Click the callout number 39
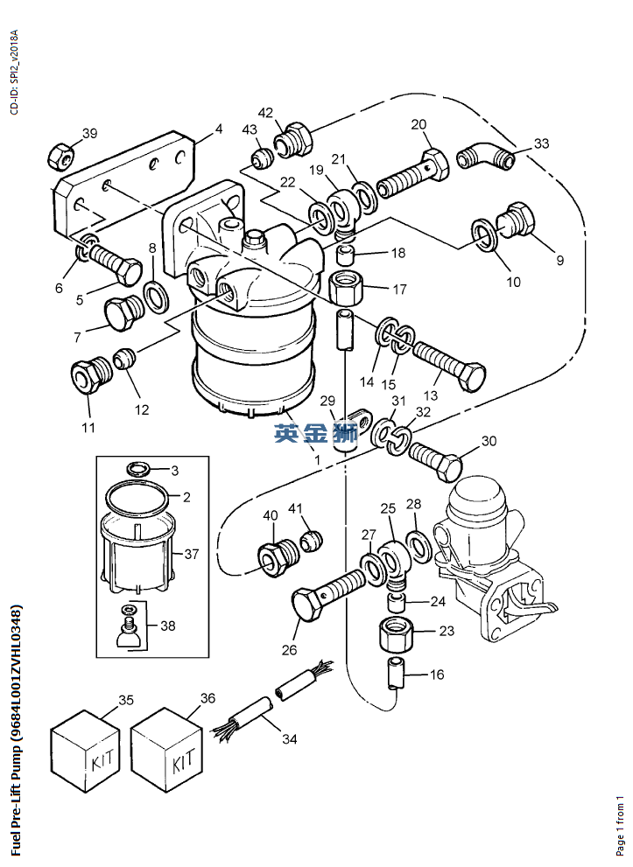(89, 133)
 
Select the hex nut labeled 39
(60, 155)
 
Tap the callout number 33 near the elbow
(541, 143)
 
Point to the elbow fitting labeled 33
(486, 156)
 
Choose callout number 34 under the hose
(289, 738)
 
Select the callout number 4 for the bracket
(219, 129)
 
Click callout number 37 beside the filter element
(192, 553)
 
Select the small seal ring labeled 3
(138, 469)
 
